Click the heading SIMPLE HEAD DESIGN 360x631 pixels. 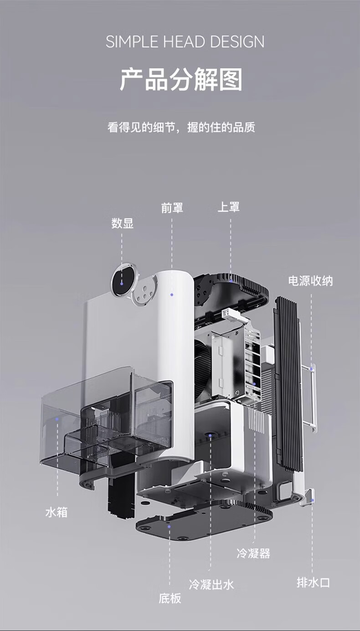[x=185, y=42]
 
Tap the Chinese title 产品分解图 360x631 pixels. [x=181, y=80]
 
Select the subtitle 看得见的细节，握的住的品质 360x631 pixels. [x=181, y=127]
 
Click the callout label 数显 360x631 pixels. [x=123, y=223]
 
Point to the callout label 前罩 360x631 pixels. [x=172, y=208]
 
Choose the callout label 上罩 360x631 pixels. [x=229, y=207]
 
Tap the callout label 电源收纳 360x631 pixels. [x=310, y=281]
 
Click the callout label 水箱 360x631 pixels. [x=57, y=512]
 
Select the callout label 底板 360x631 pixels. [x=170, y=599]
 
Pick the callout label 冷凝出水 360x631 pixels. [x=211, y=584]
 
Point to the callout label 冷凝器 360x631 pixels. [x=253, y=553]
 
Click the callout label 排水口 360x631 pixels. [x=313, y=582]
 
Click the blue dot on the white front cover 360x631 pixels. [x=172, y=295]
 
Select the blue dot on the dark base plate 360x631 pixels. [x=170, y=526]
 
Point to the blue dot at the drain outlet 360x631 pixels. [x=313, y=501]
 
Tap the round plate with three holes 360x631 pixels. [x=145, y=291]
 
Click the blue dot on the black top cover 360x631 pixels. [x=231, y=280]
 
